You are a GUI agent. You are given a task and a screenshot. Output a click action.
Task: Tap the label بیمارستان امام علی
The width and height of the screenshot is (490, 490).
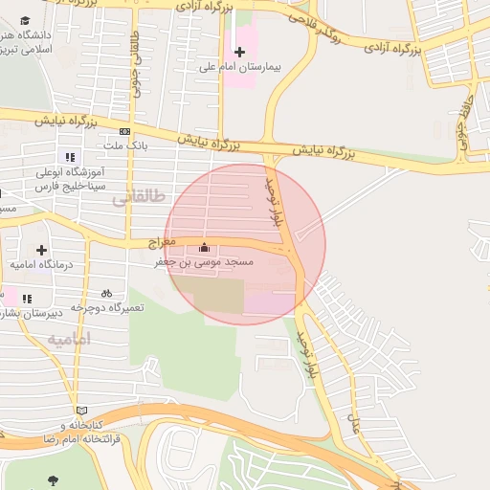point(240,67)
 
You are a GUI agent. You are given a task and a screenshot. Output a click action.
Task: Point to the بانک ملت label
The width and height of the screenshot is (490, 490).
point(124,145)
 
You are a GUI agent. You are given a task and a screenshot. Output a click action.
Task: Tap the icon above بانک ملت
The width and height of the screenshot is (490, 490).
point(124,131)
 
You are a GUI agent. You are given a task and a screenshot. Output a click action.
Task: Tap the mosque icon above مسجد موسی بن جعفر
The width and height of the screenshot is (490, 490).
point(203,248)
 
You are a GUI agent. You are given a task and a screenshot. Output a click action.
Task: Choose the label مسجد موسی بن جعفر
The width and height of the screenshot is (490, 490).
point(203,261)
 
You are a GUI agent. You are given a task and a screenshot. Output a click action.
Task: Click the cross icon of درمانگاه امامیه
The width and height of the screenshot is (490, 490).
point(41,249)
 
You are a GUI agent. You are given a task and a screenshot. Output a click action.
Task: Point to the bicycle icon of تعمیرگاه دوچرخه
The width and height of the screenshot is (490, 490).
point(106,293)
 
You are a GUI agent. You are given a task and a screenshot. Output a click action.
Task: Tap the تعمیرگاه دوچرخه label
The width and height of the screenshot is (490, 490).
point(106,307)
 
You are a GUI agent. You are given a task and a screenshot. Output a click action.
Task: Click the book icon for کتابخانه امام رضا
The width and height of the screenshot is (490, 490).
point(81,411)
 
